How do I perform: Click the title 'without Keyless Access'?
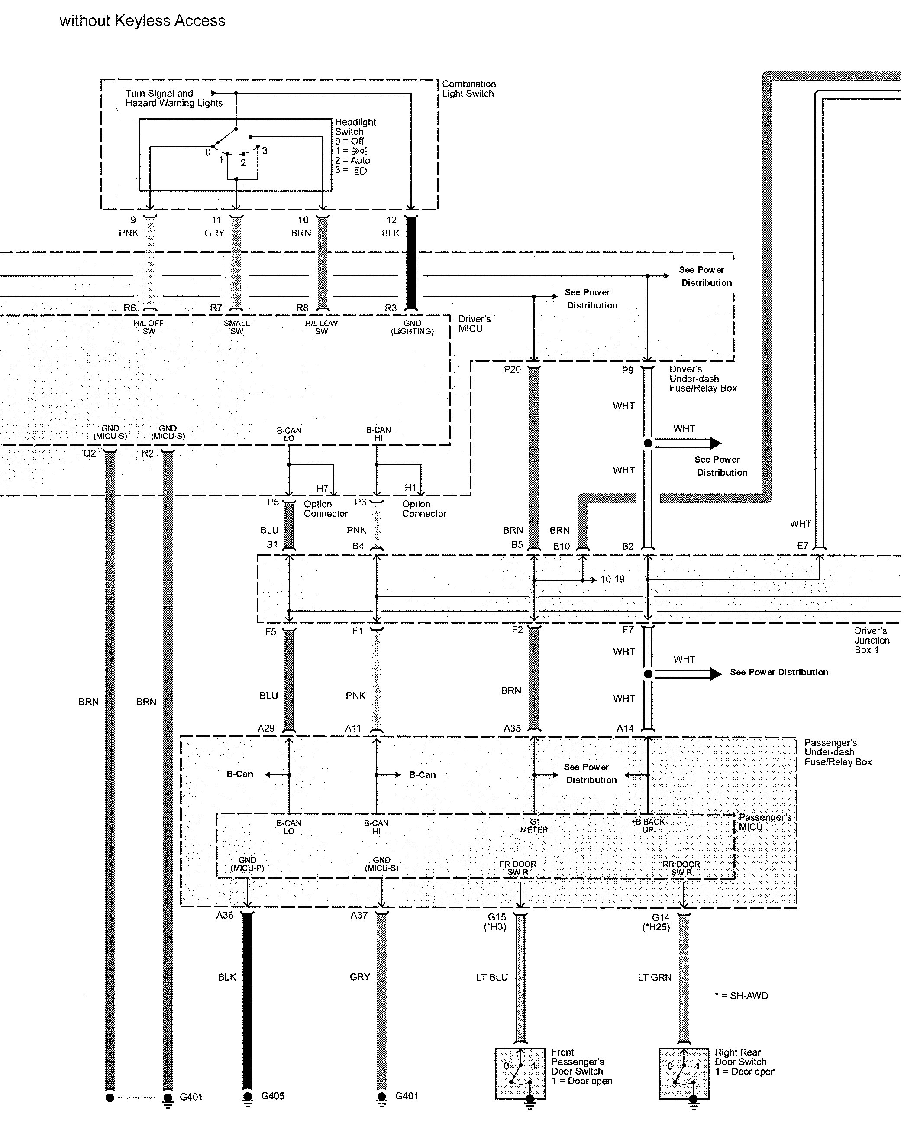[142, 21]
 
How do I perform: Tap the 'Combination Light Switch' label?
[468, 89]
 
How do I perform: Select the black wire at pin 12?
[411, 262]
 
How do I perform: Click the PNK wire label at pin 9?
[129, 233]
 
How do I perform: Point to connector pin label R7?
[216, 308]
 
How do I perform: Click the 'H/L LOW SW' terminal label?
[321, 327]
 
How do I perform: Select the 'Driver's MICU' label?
[474, 324]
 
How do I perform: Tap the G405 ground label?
[272, 1096]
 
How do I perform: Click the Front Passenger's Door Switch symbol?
[520, 1073]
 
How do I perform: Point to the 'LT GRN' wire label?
[655, 978]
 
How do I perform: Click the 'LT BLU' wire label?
[492, 978]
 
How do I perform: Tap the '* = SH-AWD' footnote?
[742, 996]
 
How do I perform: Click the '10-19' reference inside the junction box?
[613, 579]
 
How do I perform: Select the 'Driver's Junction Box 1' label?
[872, 641]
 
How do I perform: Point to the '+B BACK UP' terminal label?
[648, 826]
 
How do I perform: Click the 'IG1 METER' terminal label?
[534, 826]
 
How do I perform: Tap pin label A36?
[225, 916]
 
